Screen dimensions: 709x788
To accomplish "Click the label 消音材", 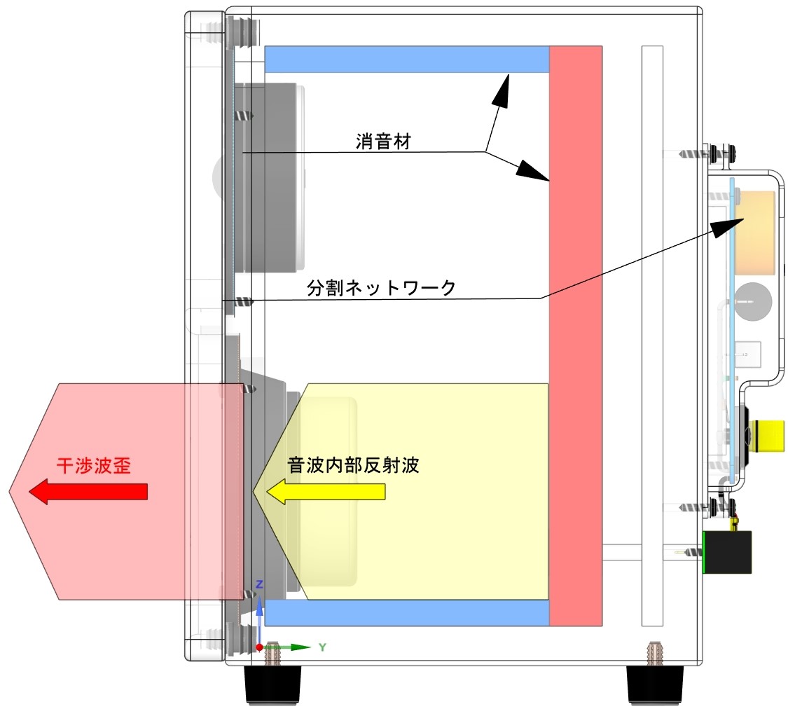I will (382, 142).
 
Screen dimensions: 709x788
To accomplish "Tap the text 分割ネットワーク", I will (381, 288).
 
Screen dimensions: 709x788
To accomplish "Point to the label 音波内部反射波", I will (354, 465).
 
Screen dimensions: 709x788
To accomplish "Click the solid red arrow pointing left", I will (88, 492).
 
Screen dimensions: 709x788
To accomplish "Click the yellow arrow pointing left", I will (326, 492).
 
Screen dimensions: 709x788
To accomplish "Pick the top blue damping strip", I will (406, 59).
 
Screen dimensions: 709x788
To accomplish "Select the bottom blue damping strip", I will (406, 613).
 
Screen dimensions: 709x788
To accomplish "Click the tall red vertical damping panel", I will (576, 336).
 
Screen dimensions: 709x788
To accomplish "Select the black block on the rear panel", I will (728, 552).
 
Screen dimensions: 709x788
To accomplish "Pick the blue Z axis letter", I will (259, 584).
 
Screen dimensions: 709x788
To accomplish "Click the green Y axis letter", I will (322, 647).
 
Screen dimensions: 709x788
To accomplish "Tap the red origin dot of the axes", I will (259, 647).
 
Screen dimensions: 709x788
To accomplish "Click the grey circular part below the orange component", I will (752, 302).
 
